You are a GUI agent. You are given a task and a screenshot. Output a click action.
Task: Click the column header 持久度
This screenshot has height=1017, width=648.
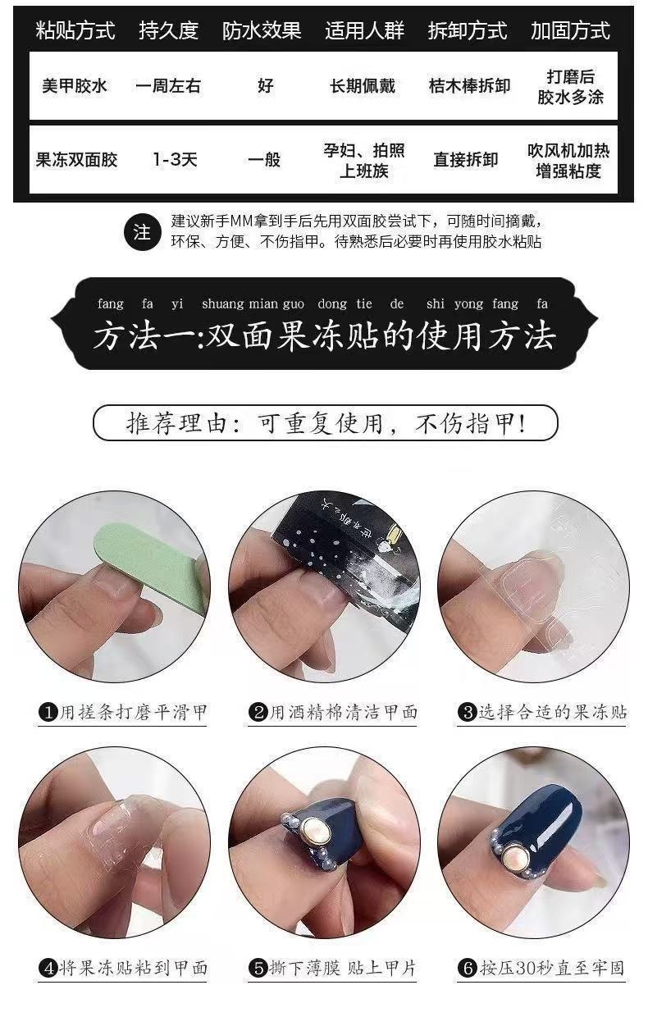(x=168, y=31)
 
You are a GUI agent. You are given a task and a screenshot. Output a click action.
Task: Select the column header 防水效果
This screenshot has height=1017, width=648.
(x=262, y=31)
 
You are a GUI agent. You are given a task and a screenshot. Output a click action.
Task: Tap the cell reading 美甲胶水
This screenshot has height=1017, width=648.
(x=75, y=86)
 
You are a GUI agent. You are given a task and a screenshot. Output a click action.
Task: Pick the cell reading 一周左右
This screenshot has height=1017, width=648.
(x=168, y=86)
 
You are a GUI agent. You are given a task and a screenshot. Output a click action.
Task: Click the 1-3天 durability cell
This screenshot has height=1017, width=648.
(x=175, y=160)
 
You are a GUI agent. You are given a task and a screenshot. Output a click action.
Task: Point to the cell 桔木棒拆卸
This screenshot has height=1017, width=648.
(x=469, y=86)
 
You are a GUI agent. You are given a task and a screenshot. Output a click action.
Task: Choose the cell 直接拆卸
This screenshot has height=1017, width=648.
(x=466, y=160)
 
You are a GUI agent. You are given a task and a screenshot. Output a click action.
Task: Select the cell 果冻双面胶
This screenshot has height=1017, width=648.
(x=76, y=160)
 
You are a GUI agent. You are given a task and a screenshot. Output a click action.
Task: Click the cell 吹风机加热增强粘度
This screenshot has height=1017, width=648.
(x=568, y=161)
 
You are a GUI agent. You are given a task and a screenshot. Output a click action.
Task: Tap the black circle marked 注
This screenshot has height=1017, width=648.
(x=142, y=232)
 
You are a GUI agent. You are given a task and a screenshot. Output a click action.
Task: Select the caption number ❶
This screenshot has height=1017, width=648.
(x=48, y=712)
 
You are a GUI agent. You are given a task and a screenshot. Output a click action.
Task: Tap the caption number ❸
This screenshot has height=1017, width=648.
(x=468, y=712)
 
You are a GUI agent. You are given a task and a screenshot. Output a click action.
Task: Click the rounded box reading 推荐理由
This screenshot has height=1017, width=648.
(x=325, y=423)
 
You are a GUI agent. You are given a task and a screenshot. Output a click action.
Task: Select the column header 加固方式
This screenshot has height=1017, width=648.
(x=570, y=31)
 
